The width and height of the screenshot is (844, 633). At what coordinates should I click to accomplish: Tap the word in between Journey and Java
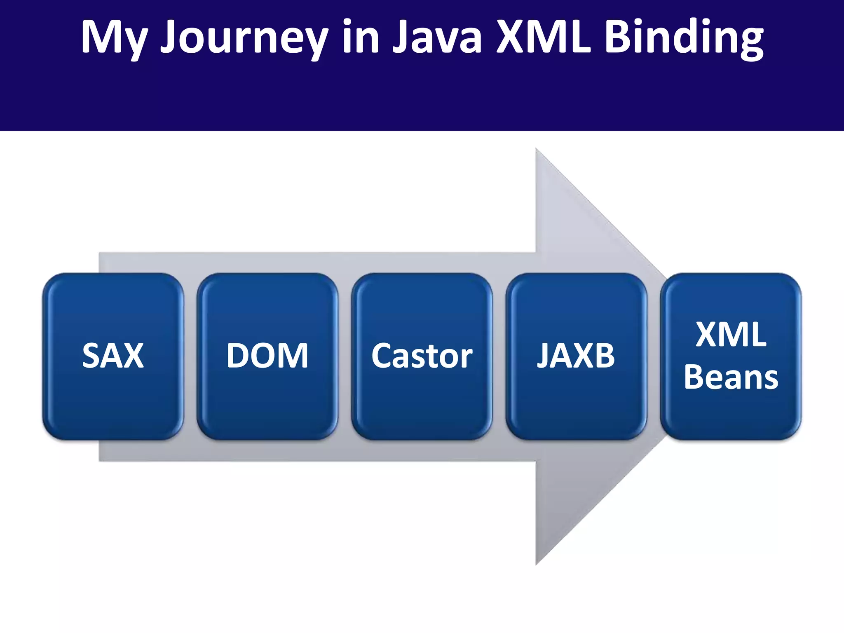coord(360,38)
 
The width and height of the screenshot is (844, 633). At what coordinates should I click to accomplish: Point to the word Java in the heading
coord(437,38)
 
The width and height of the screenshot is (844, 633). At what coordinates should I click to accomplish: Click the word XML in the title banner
coord(543,38)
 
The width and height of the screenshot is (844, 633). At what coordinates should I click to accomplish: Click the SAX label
coord(113,356)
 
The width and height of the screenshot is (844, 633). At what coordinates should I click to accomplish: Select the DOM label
coord(267,356)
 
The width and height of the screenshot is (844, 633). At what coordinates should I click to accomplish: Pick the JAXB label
coord(576,356)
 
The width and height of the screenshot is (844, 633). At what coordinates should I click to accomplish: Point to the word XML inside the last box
coord(731,334)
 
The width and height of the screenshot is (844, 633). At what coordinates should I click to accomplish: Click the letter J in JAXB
coord(544,356)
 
